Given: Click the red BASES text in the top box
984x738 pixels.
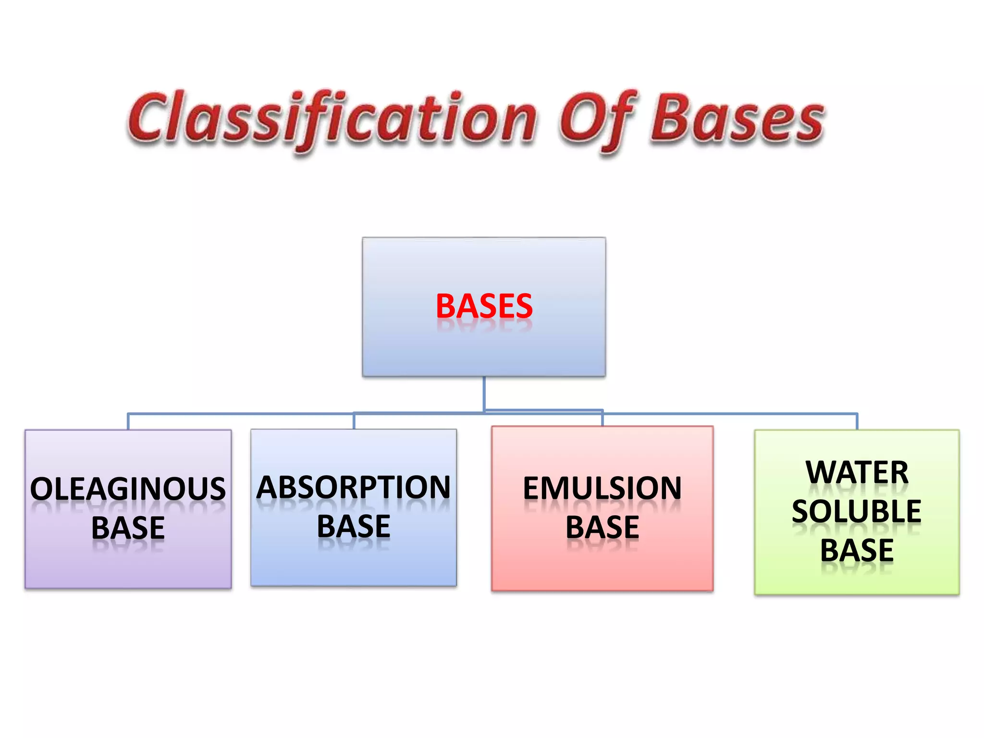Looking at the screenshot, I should [484, 306].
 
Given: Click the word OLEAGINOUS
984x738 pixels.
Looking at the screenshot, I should [128, 489].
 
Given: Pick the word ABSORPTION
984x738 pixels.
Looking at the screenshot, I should [354, 488].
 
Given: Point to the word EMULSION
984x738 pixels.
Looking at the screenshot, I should [602, 489].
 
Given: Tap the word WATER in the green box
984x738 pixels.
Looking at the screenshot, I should [857, 472].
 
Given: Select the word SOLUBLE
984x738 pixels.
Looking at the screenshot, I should [857, 511].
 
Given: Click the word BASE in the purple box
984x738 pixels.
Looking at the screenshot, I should [128, 528].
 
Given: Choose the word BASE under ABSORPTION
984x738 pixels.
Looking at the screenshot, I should [354, 527].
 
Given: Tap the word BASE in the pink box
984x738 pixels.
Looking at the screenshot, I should [602, 528].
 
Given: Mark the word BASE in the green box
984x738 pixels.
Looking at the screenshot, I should [857, 550].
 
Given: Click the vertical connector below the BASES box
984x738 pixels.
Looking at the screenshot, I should [484, 394].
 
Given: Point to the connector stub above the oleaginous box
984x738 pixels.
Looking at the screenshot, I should [128, 421].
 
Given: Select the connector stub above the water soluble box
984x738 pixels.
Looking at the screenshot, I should [857, 421].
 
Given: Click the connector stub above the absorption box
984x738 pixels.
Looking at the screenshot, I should [354, 421].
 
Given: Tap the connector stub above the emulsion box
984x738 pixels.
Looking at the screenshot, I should [603, 418].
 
